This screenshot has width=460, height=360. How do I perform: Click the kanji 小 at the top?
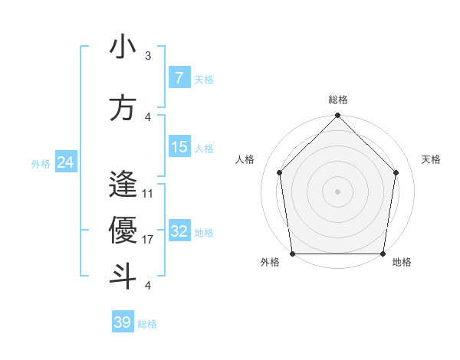point(123,47)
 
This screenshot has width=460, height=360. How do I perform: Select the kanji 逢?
point(123,185)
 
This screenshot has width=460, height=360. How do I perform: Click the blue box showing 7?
point(179,77)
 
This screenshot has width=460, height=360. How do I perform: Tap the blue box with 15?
point(179,147)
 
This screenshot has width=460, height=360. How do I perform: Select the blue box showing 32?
point(179,231)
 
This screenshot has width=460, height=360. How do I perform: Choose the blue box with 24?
point(65,162)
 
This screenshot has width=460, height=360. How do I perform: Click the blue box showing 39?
point(122,322)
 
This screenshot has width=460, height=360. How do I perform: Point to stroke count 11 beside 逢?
point(148,194)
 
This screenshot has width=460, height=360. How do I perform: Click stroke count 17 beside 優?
point(148,240)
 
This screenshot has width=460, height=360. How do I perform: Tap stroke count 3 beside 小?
point(148,56)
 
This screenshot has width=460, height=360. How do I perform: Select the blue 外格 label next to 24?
point(41,163)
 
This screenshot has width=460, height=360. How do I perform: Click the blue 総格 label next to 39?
point(147,324)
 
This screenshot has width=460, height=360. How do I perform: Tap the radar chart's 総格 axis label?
point(337,100)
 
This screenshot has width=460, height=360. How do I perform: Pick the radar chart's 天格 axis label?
point(431,159)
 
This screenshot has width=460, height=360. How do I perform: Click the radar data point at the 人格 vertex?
point(279,172)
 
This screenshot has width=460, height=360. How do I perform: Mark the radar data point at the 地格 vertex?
point(383,254)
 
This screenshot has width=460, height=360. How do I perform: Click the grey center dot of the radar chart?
point(337,191)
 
